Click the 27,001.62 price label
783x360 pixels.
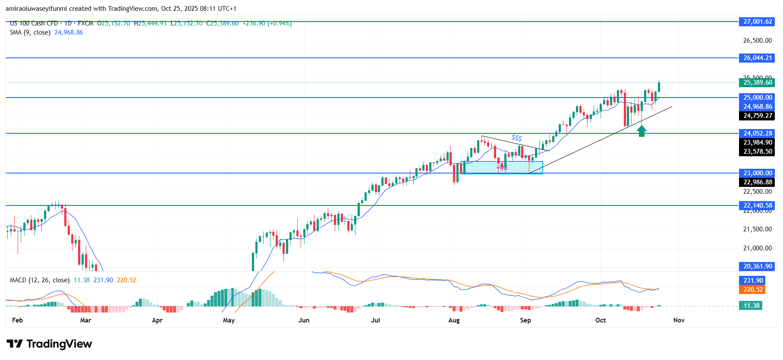pyautogui.click(x=758, y=22)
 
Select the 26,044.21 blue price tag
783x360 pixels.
pyautogui.click(x=758, y=58)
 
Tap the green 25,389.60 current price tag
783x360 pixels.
pyautogui.click(x=758, y=82)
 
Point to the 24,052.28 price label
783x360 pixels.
pyautogui.click(x=758, y=133)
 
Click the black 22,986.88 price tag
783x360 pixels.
pyautogui.click(x=758, y=182)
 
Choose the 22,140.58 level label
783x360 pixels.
pyautogui.click(x=758, y=205)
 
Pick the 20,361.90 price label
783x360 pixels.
pyautogui.click(x=758, y=266)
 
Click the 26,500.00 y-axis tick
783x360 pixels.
pyautogui.click(x=757, y=41)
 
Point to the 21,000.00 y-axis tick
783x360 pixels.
pyautogui.click(x=757, y=248)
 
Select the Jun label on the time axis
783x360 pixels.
pyautogui.click(x=304, y=320)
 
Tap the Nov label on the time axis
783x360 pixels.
pyautogui.click(x=679, y=320)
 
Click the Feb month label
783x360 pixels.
pyautogui.click(x=17, y=320)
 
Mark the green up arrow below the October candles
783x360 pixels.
pyautogui.click(x=642, y=131)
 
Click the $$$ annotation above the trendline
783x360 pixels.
pyautogui.click(x=516, y=138)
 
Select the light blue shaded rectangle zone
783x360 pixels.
pyautogui.click(x=502, y=167)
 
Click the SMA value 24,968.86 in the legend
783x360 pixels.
pyautogui.click(x=69, y=32)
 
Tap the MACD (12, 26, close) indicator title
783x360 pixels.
pyautogui.click(x=40, y=280)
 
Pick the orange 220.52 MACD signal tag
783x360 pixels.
pyautogui.click(x=753, y=290)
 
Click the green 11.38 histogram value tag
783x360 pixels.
pyautogui.click(x=752, y=306)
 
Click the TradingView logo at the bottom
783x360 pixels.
pyautogui.click(x=49, y=344)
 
